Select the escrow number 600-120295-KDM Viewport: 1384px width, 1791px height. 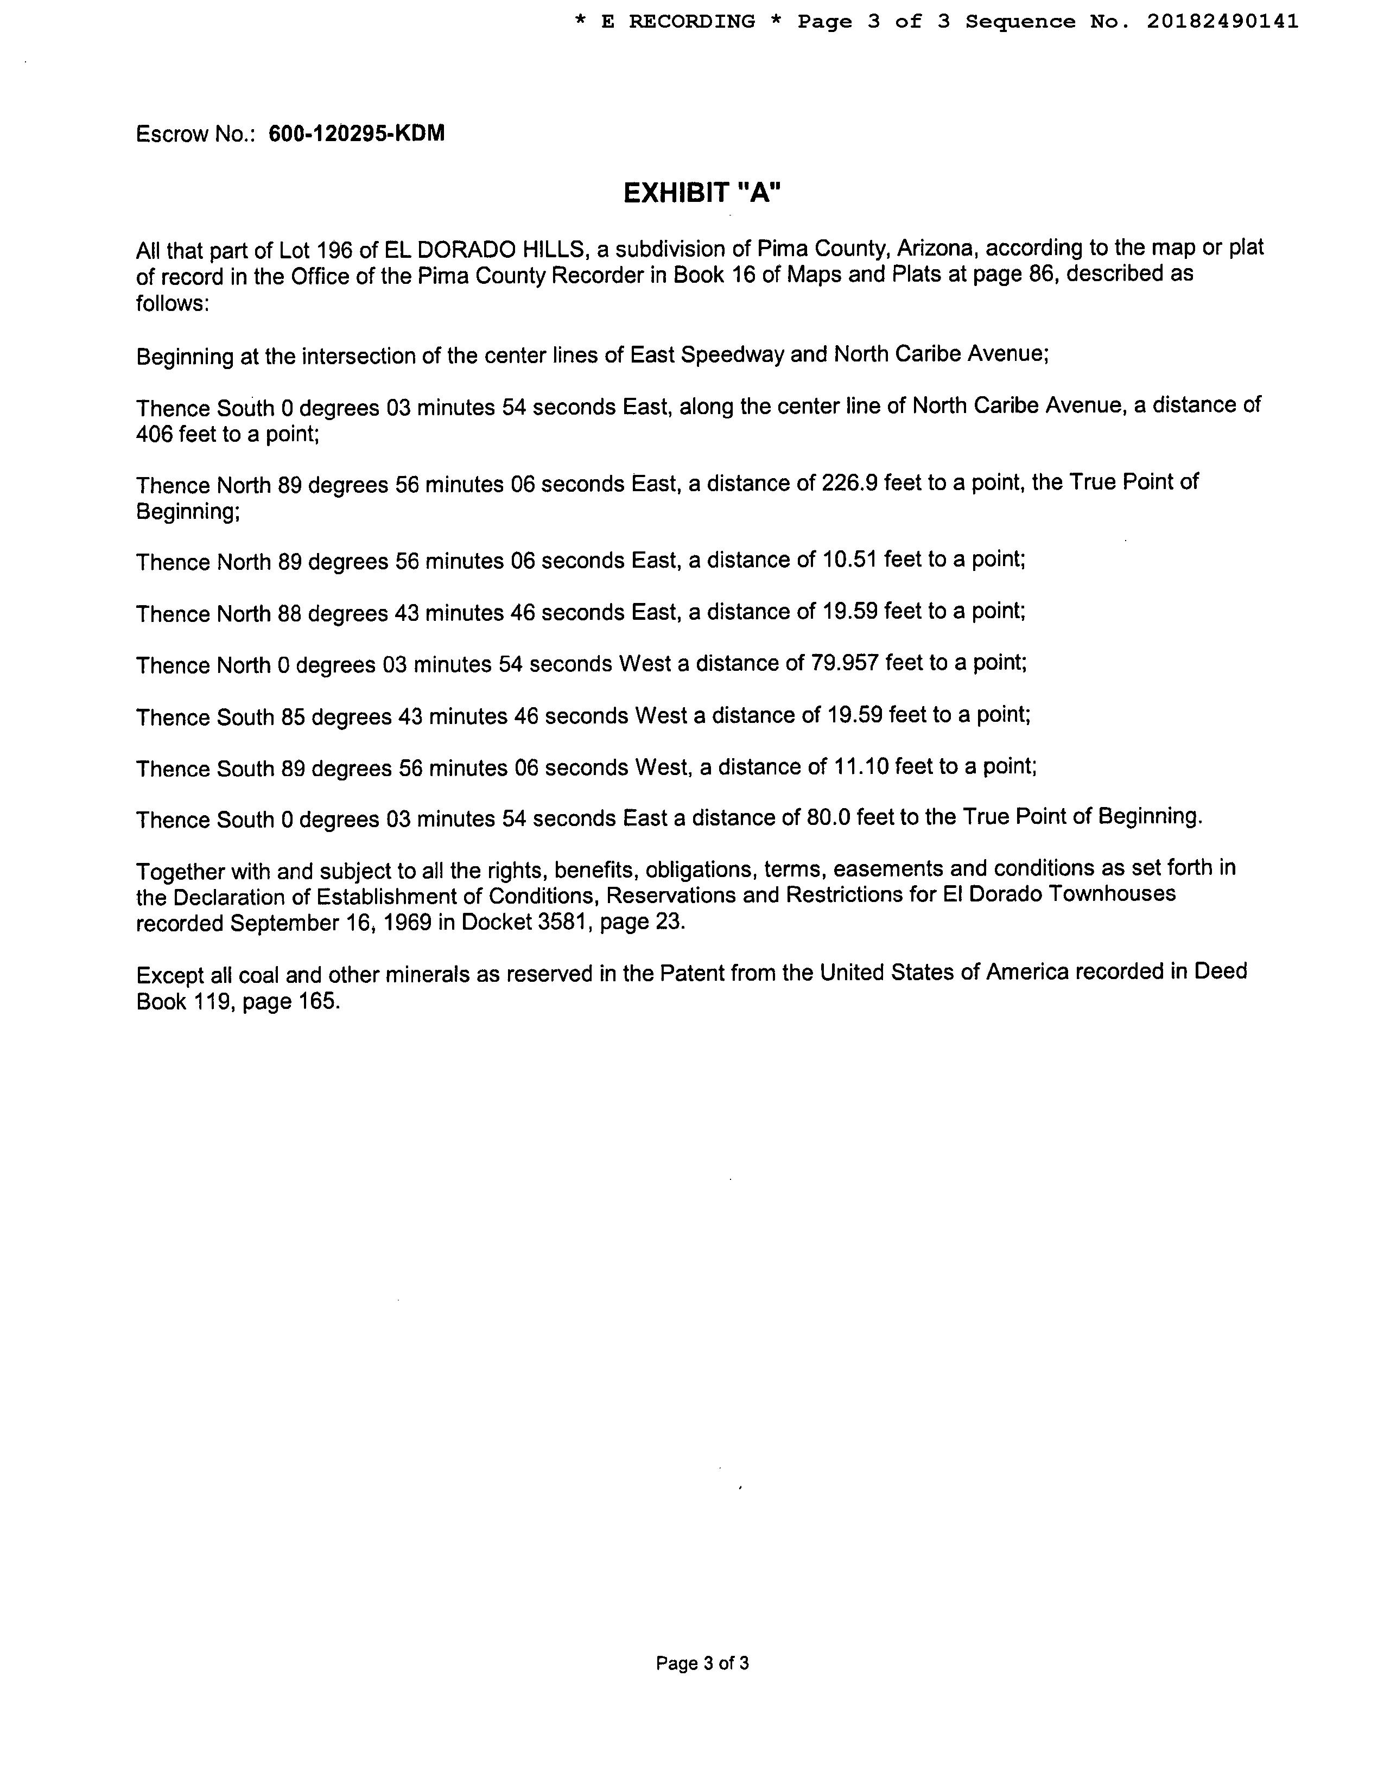tap(357, 133)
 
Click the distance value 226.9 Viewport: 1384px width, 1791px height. tap(849, 483)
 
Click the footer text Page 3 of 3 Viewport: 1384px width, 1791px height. tap(702, 1663)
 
